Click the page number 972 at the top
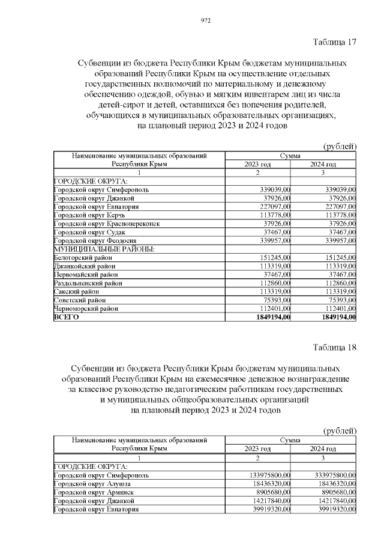point(205,20)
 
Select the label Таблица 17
point(335,42)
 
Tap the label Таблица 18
point(335,347)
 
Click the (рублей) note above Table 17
point(340,147)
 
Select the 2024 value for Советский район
point(340,300)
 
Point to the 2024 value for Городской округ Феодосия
point(338,240)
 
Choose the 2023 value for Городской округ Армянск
point(272,492)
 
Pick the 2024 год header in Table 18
point(323,448)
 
